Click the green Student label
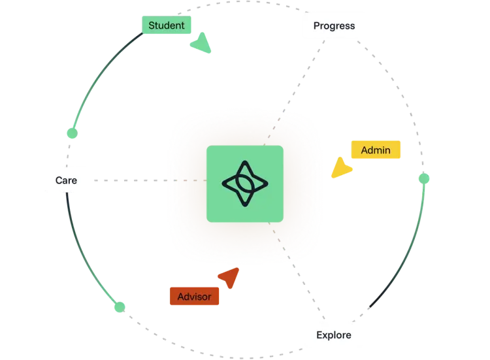167,25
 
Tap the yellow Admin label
376,150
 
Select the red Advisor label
195,296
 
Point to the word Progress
334,26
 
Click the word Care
66,180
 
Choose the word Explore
334,335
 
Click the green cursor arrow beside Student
202,44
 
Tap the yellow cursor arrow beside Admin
341,168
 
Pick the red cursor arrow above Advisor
230,278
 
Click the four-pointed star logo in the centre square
245,184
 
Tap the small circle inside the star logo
245,184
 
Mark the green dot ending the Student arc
72,133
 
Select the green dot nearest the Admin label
424,179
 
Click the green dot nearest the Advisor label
120,307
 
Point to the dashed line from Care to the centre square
150,180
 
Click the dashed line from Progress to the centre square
294,93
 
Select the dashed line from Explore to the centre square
297,270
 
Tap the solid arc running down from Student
99,76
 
